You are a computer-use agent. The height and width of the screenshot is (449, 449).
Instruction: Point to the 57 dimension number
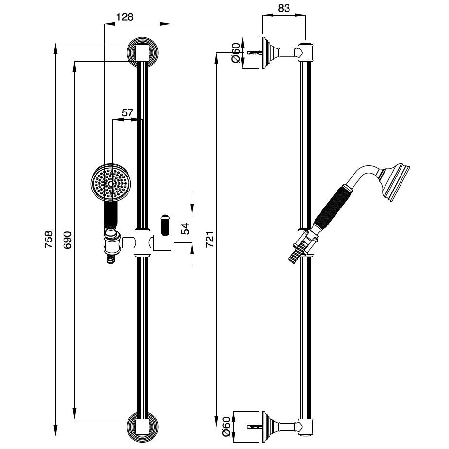pyautogui.click(x=127, y=112)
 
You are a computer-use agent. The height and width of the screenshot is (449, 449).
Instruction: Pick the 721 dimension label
pyautogui.click(x=209, y=239)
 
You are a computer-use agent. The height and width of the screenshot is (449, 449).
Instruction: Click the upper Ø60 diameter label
pyautogui.click(x=236, y=52)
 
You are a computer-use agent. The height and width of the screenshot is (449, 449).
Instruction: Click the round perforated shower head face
pyautogui.click(x=111, y=183)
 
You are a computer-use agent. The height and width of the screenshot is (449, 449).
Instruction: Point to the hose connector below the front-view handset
pyautogui.click(x=112, y=247)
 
